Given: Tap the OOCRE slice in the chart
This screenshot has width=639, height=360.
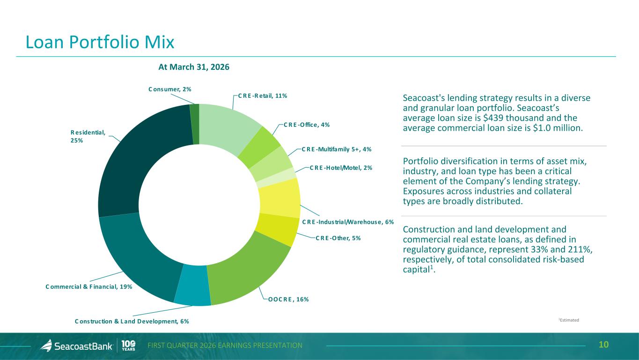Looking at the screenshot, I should coord(248,272).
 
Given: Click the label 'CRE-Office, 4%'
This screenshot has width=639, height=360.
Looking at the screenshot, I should coord(307,125).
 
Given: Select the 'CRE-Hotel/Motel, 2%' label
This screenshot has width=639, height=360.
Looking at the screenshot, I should coord(341,168).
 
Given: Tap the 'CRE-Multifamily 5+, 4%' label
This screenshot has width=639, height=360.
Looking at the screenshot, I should coord(337,149).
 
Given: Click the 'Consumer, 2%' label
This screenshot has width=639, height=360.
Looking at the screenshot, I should coord(170,89).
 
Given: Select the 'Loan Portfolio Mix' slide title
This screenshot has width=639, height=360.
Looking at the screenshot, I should coord(100,42).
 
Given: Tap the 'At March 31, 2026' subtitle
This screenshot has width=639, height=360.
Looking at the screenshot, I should coord(194,67).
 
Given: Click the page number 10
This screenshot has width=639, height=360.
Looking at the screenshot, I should coord(604,345).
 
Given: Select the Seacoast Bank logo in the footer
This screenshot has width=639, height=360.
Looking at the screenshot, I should coord(77,345).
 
